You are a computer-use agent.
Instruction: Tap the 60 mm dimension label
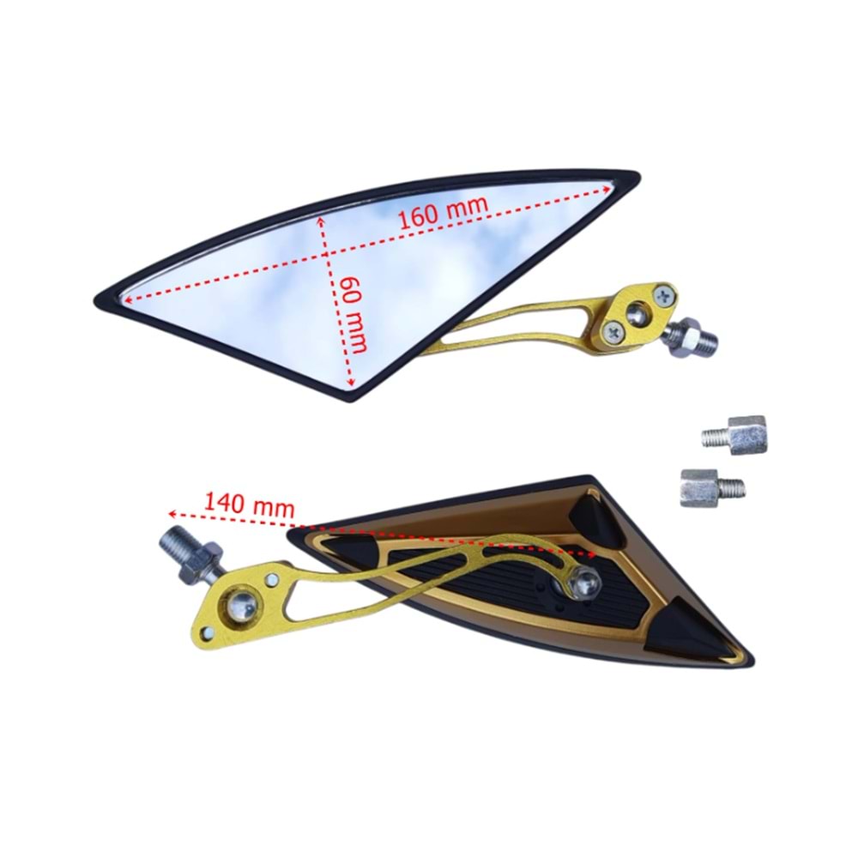coord(353,315)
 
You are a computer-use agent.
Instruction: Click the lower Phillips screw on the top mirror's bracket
coord(613,331)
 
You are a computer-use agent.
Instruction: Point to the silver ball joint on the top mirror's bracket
coord(638,313)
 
